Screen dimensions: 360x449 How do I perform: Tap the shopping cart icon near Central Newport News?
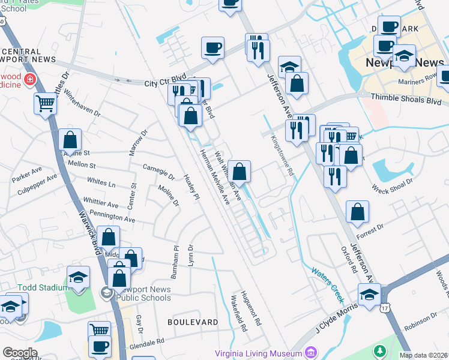coord(45,103)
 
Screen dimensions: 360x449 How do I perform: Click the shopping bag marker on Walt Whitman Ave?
coord(239,172)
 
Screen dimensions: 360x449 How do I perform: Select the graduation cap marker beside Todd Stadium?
coord(78,277)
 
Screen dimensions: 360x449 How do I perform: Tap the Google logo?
coord(20,352)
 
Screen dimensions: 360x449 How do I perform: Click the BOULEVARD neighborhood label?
coord(193,322)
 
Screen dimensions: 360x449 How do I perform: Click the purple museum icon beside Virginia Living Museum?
coord(310,351)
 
